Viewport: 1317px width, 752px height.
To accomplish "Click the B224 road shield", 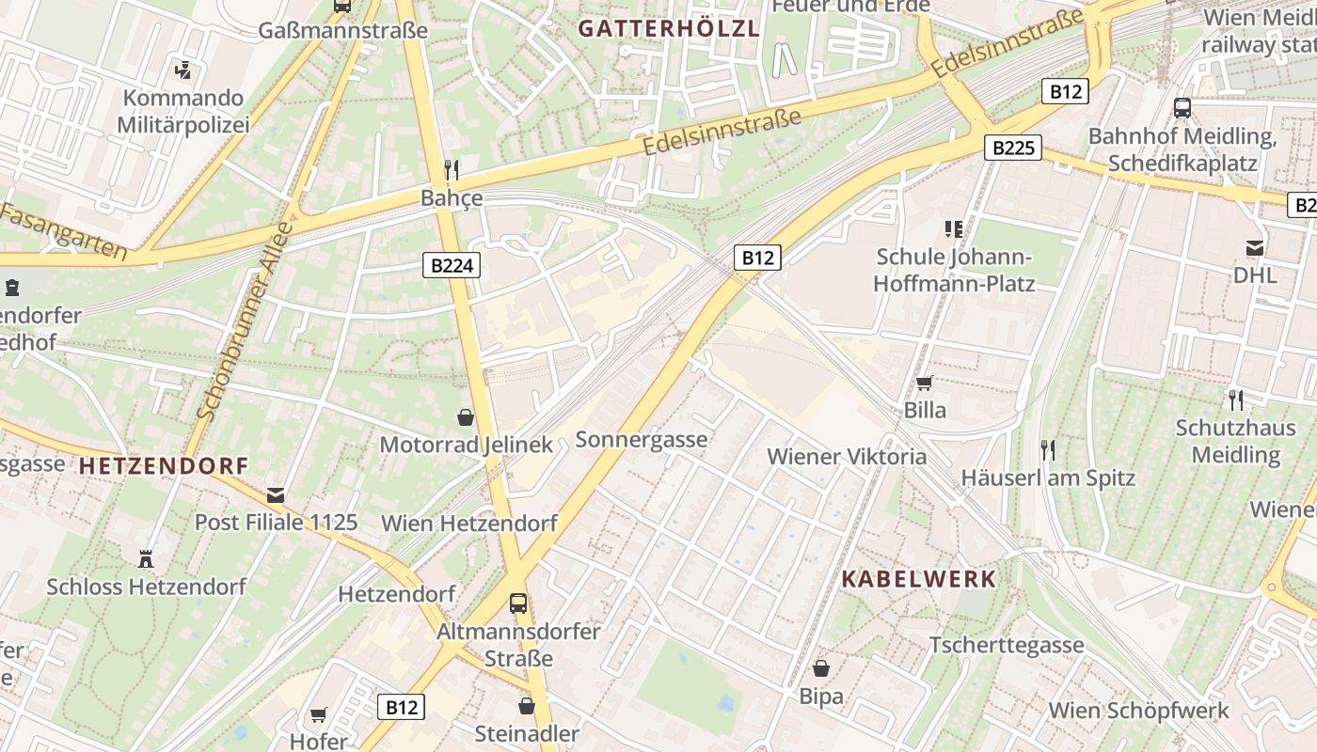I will click(452, 266).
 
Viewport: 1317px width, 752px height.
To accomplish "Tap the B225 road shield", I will click(1013, 148).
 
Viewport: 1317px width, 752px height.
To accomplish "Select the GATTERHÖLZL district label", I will click(668, 28).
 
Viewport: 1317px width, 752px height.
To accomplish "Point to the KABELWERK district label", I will click(918, 578).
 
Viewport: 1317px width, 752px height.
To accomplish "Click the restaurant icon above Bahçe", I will click(452, 169).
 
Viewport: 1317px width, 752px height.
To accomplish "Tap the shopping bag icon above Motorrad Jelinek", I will click(466, 415).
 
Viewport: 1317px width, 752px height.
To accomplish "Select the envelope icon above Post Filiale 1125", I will click(276, 494).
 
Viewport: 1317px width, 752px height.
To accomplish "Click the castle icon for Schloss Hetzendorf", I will click(146, 558).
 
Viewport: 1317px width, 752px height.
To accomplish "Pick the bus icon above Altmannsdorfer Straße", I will click(518, 603).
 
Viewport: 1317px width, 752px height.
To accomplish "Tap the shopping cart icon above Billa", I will click(924, 383).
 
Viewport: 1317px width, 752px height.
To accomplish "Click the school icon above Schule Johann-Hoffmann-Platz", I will click(954, 228).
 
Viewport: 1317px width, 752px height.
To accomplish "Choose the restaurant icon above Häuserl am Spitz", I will click(1047, 449).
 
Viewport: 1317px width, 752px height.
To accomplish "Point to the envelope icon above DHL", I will click(1255, 247).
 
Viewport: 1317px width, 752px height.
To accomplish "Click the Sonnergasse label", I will click(641, 439).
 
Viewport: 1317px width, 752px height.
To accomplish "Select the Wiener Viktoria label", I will click(847, 457).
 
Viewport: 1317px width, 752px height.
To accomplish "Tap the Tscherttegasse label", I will click(1007, 645).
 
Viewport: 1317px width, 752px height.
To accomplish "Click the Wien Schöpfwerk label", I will click(1139, 710).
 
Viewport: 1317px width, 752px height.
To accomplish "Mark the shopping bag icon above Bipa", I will click(821, 668).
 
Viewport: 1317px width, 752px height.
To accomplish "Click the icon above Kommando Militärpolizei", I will click(183, 69).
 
